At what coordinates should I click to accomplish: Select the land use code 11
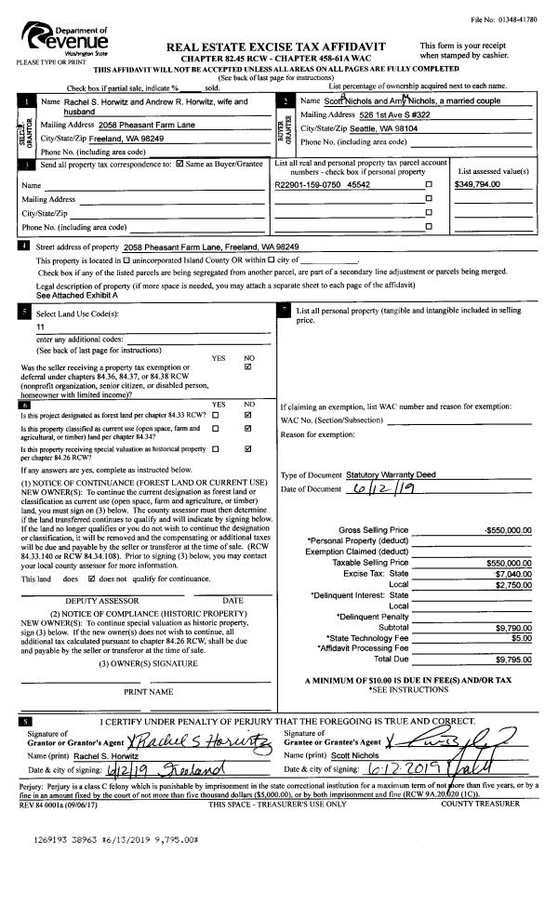coord(40,328)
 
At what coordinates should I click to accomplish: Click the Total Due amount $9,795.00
coord(511,659)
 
